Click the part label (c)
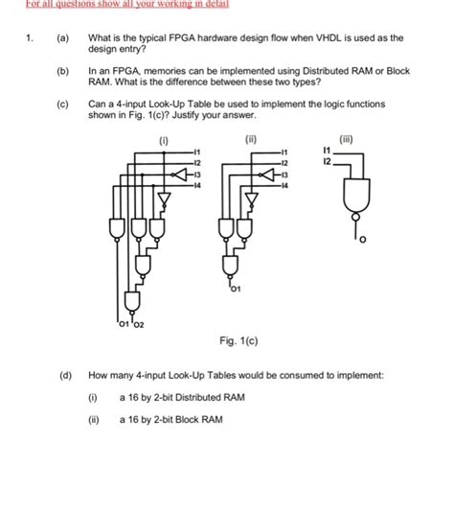63,104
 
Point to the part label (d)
63,377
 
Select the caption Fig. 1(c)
239,340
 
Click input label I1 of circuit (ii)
284,152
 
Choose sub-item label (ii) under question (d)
93,419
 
